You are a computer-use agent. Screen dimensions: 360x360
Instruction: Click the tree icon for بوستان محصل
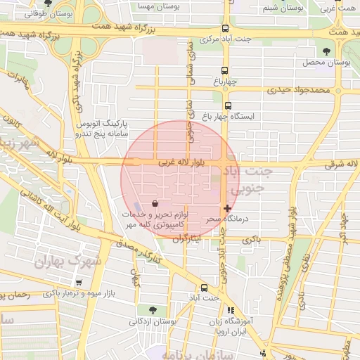(x=326, y=51)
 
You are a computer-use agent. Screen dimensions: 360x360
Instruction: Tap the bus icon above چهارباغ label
(x=225, y=71)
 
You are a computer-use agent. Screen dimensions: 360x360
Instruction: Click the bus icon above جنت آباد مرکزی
(x=225, y=29)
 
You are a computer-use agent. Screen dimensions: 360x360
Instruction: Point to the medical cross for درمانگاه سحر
(x=227, y=209)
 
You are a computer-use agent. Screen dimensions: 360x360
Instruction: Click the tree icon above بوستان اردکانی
(x=153, y=310)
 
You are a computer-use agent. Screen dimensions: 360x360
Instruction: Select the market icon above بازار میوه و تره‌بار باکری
(x=78, y=283)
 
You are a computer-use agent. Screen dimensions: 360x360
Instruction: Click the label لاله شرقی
(x=342, y=164)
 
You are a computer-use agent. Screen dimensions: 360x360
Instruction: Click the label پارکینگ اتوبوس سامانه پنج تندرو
(x=101, y=129)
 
